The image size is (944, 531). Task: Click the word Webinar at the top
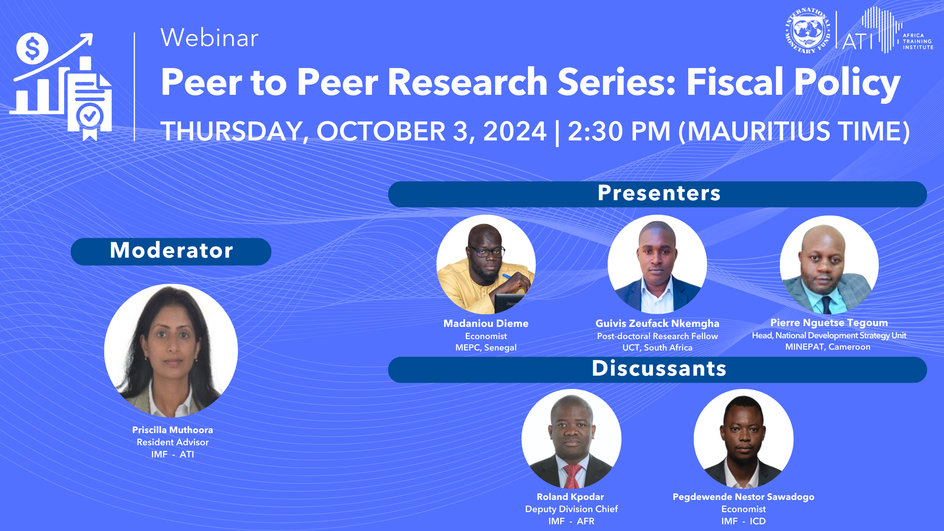pos(210,38)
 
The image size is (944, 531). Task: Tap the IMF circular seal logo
pos(808,31)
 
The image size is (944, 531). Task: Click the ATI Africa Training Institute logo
pos(887,30)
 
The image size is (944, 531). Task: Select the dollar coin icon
pos(32,49)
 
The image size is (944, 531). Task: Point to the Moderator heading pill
pos(171,251)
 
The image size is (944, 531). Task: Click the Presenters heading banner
pos(657,194)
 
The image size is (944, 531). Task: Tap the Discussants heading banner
pos(657,369)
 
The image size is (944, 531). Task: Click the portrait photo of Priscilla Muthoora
pos(171,350)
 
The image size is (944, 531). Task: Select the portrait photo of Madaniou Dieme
pos(486,264)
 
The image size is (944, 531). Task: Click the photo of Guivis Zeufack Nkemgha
pos(657,264)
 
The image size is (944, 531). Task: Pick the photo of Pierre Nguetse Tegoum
pos(829,265)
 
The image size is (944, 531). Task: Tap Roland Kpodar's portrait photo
pos(572,439)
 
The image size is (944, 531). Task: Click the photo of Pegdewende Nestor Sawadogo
pos(744,439)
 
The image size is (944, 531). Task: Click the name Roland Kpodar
pos(570,497)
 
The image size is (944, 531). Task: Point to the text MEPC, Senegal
pos(486,348)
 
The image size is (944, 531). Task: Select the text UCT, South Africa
pos(657,348)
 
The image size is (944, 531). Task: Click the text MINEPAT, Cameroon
pos(828,347)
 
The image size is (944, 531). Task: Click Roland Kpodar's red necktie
pos(572,476)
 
